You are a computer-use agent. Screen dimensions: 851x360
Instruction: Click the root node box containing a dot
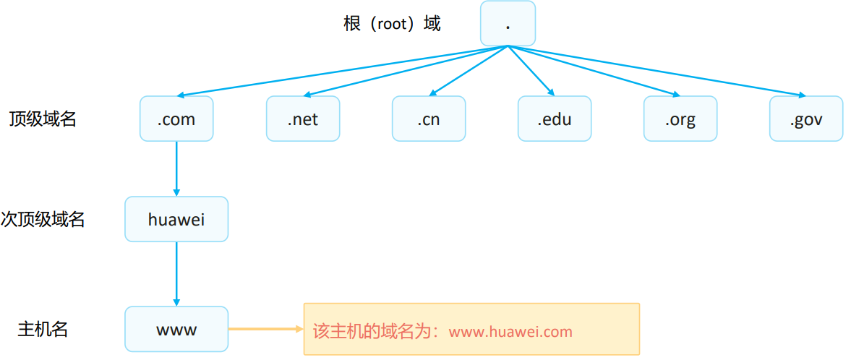tap(508, 23)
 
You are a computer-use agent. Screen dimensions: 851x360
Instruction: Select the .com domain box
tap(176, 119)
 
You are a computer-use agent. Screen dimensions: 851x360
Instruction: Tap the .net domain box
tap(302, 119)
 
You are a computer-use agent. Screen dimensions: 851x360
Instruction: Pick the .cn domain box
tap(429, 119)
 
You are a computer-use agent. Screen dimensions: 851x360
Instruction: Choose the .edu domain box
tap(555, 119)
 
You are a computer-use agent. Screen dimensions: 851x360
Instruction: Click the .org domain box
tap(680, 119)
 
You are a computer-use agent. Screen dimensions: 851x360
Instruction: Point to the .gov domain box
tap(806, 119)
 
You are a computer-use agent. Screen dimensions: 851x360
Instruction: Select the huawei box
tap(176, 219)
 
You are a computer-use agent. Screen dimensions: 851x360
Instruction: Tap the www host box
tap(176, 330)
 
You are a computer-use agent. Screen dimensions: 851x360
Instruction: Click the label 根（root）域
tap(392, 24)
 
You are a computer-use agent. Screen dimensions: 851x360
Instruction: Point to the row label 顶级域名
tap(43, 119)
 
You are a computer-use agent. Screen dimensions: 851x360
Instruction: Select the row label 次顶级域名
tap(43, 220)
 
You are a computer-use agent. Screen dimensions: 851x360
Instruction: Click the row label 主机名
tap(43, 330)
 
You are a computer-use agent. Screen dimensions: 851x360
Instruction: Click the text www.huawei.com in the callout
tap(510, 332)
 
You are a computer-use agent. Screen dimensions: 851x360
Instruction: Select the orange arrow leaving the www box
tap(265, 330)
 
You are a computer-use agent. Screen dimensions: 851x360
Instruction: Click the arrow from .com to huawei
tap(176, 168)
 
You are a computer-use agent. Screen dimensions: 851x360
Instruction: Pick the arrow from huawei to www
tap(176, 273)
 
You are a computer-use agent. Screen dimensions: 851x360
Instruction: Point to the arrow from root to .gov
tap(658, 71)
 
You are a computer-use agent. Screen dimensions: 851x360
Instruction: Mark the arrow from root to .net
tap(405, 71)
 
